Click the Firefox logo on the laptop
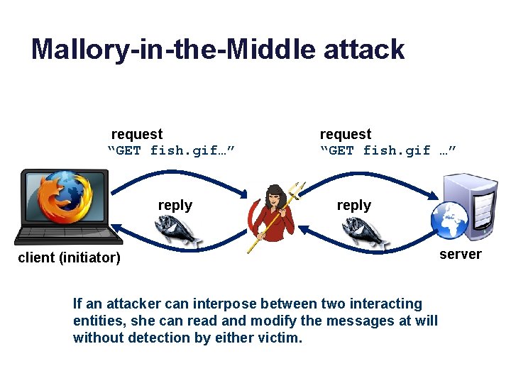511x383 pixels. (65, 199)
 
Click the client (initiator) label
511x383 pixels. (69, 257)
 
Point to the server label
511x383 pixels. (460, 254)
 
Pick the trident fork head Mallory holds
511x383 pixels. (296, 189)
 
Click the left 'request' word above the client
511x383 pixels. (137, 134)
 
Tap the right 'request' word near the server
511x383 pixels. (346, 134)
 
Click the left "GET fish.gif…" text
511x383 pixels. (171, 150)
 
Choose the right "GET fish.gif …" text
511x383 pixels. (388, 150)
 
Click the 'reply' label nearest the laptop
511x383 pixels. (175, 205)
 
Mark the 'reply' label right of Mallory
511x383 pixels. (354, 205)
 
